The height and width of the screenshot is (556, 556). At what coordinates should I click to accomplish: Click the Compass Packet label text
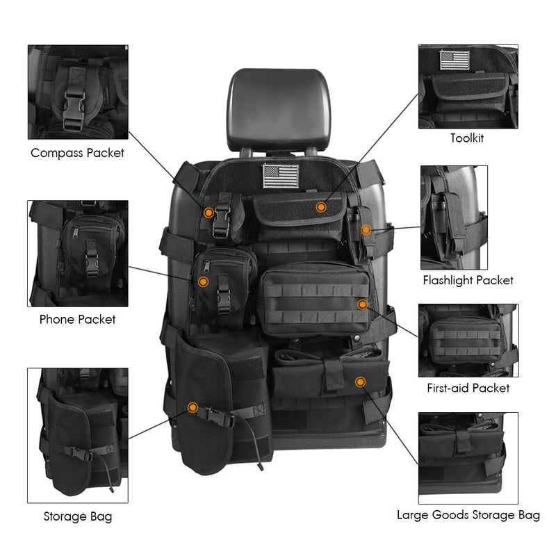tap(77, 152)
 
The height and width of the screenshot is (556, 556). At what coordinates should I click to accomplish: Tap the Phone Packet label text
tap(77, 319)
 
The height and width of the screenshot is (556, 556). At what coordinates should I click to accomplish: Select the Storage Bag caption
tap(77, 516)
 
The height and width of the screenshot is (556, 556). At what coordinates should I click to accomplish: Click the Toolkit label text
tap(467, 138)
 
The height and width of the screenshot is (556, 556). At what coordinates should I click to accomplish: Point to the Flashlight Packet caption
tap(468, 280)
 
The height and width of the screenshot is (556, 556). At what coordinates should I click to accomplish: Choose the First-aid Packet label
tap(468, 388)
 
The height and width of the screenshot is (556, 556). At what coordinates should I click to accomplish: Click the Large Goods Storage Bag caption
tap(468, 515)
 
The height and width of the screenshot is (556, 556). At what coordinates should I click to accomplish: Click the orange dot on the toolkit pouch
tap(320, 207)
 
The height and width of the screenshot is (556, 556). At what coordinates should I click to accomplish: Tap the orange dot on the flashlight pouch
tap(366, 229)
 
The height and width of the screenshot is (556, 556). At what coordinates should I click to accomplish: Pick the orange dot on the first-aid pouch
tap(362, 304)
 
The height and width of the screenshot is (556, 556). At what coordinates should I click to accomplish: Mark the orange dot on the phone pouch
tap(202, 281)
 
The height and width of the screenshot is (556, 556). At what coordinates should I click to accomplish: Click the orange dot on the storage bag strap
tap(193, 407)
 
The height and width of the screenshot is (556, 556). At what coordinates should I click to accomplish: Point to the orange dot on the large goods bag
tap(359, 382)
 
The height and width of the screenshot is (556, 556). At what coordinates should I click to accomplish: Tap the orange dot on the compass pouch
tap(208, 213)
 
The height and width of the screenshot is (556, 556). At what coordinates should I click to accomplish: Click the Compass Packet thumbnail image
tap(77, 92)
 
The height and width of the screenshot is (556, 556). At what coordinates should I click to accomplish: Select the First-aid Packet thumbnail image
tap(468, 340)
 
